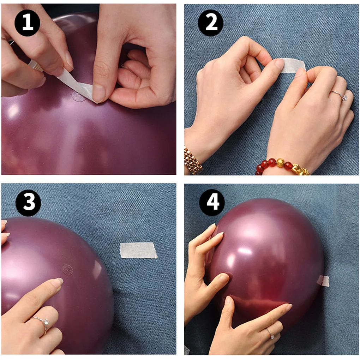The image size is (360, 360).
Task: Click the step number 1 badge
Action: coord(27,23)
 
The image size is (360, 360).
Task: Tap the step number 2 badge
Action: coord(211,23)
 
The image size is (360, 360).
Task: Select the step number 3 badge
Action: coord(28,203)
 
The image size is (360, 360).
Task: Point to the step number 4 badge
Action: coord(212,202)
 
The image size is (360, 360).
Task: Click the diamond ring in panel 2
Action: coord(340,96)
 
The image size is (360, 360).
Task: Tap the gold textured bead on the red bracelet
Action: coord(281,163)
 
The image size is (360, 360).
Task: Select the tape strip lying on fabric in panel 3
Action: coord(138,250)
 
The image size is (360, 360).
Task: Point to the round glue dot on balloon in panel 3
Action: coord(67,269)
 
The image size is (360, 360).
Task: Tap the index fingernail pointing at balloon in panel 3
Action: coord(58,282)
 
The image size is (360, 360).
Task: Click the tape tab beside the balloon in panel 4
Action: coord(323,281)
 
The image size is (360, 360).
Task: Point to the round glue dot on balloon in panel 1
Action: coord(78,95)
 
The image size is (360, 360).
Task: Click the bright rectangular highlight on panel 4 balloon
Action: coord(245,251)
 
